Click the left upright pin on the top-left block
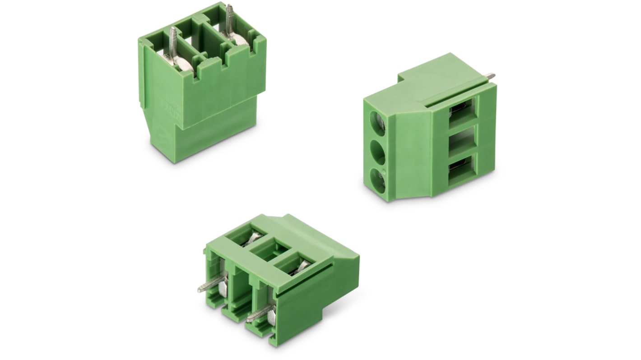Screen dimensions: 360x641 click(x=173, y=42)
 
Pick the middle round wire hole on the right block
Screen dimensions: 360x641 click(x=377, y=153)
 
